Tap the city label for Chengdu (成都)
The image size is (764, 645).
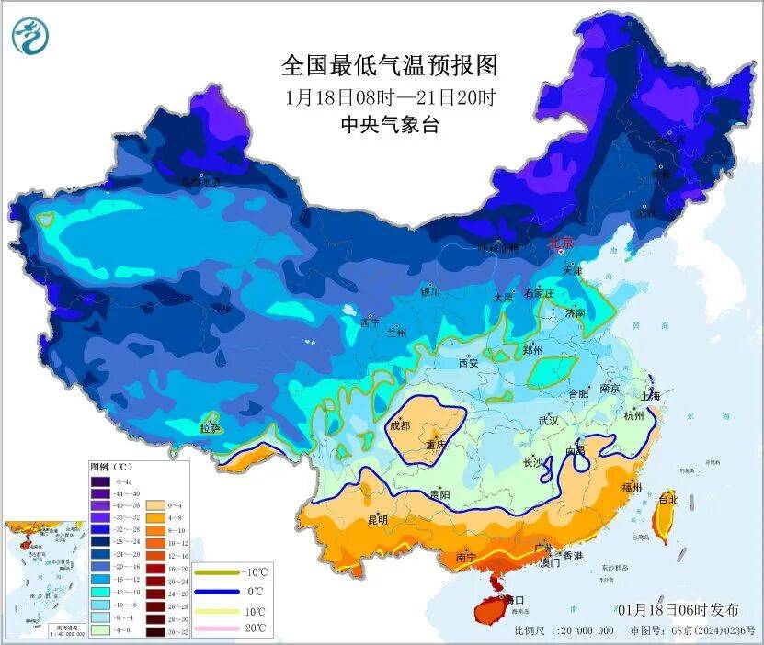pyautogui.click(x=400, y=425)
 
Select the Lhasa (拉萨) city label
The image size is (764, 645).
pyautogui.click(x=210, y=428)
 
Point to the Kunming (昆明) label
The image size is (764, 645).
pyautogui.click(x=378, y=520)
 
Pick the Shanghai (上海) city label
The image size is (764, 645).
pyautogui.click(x=652, y=395)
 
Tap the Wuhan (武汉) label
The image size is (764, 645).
pyautogui.click(x=550, y=421)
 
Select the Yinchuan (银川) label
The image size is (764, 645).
pyautogui.click(x=430, y=292)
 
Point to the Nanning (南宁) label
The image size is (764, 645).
pyautogui.click(x=466, y=557)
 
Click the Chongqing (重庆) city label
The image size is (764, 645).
pyautogui.click(x=435, y=446)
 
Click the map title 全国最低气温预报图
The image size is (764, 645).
pyautogui.click(x=389, y=66)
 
